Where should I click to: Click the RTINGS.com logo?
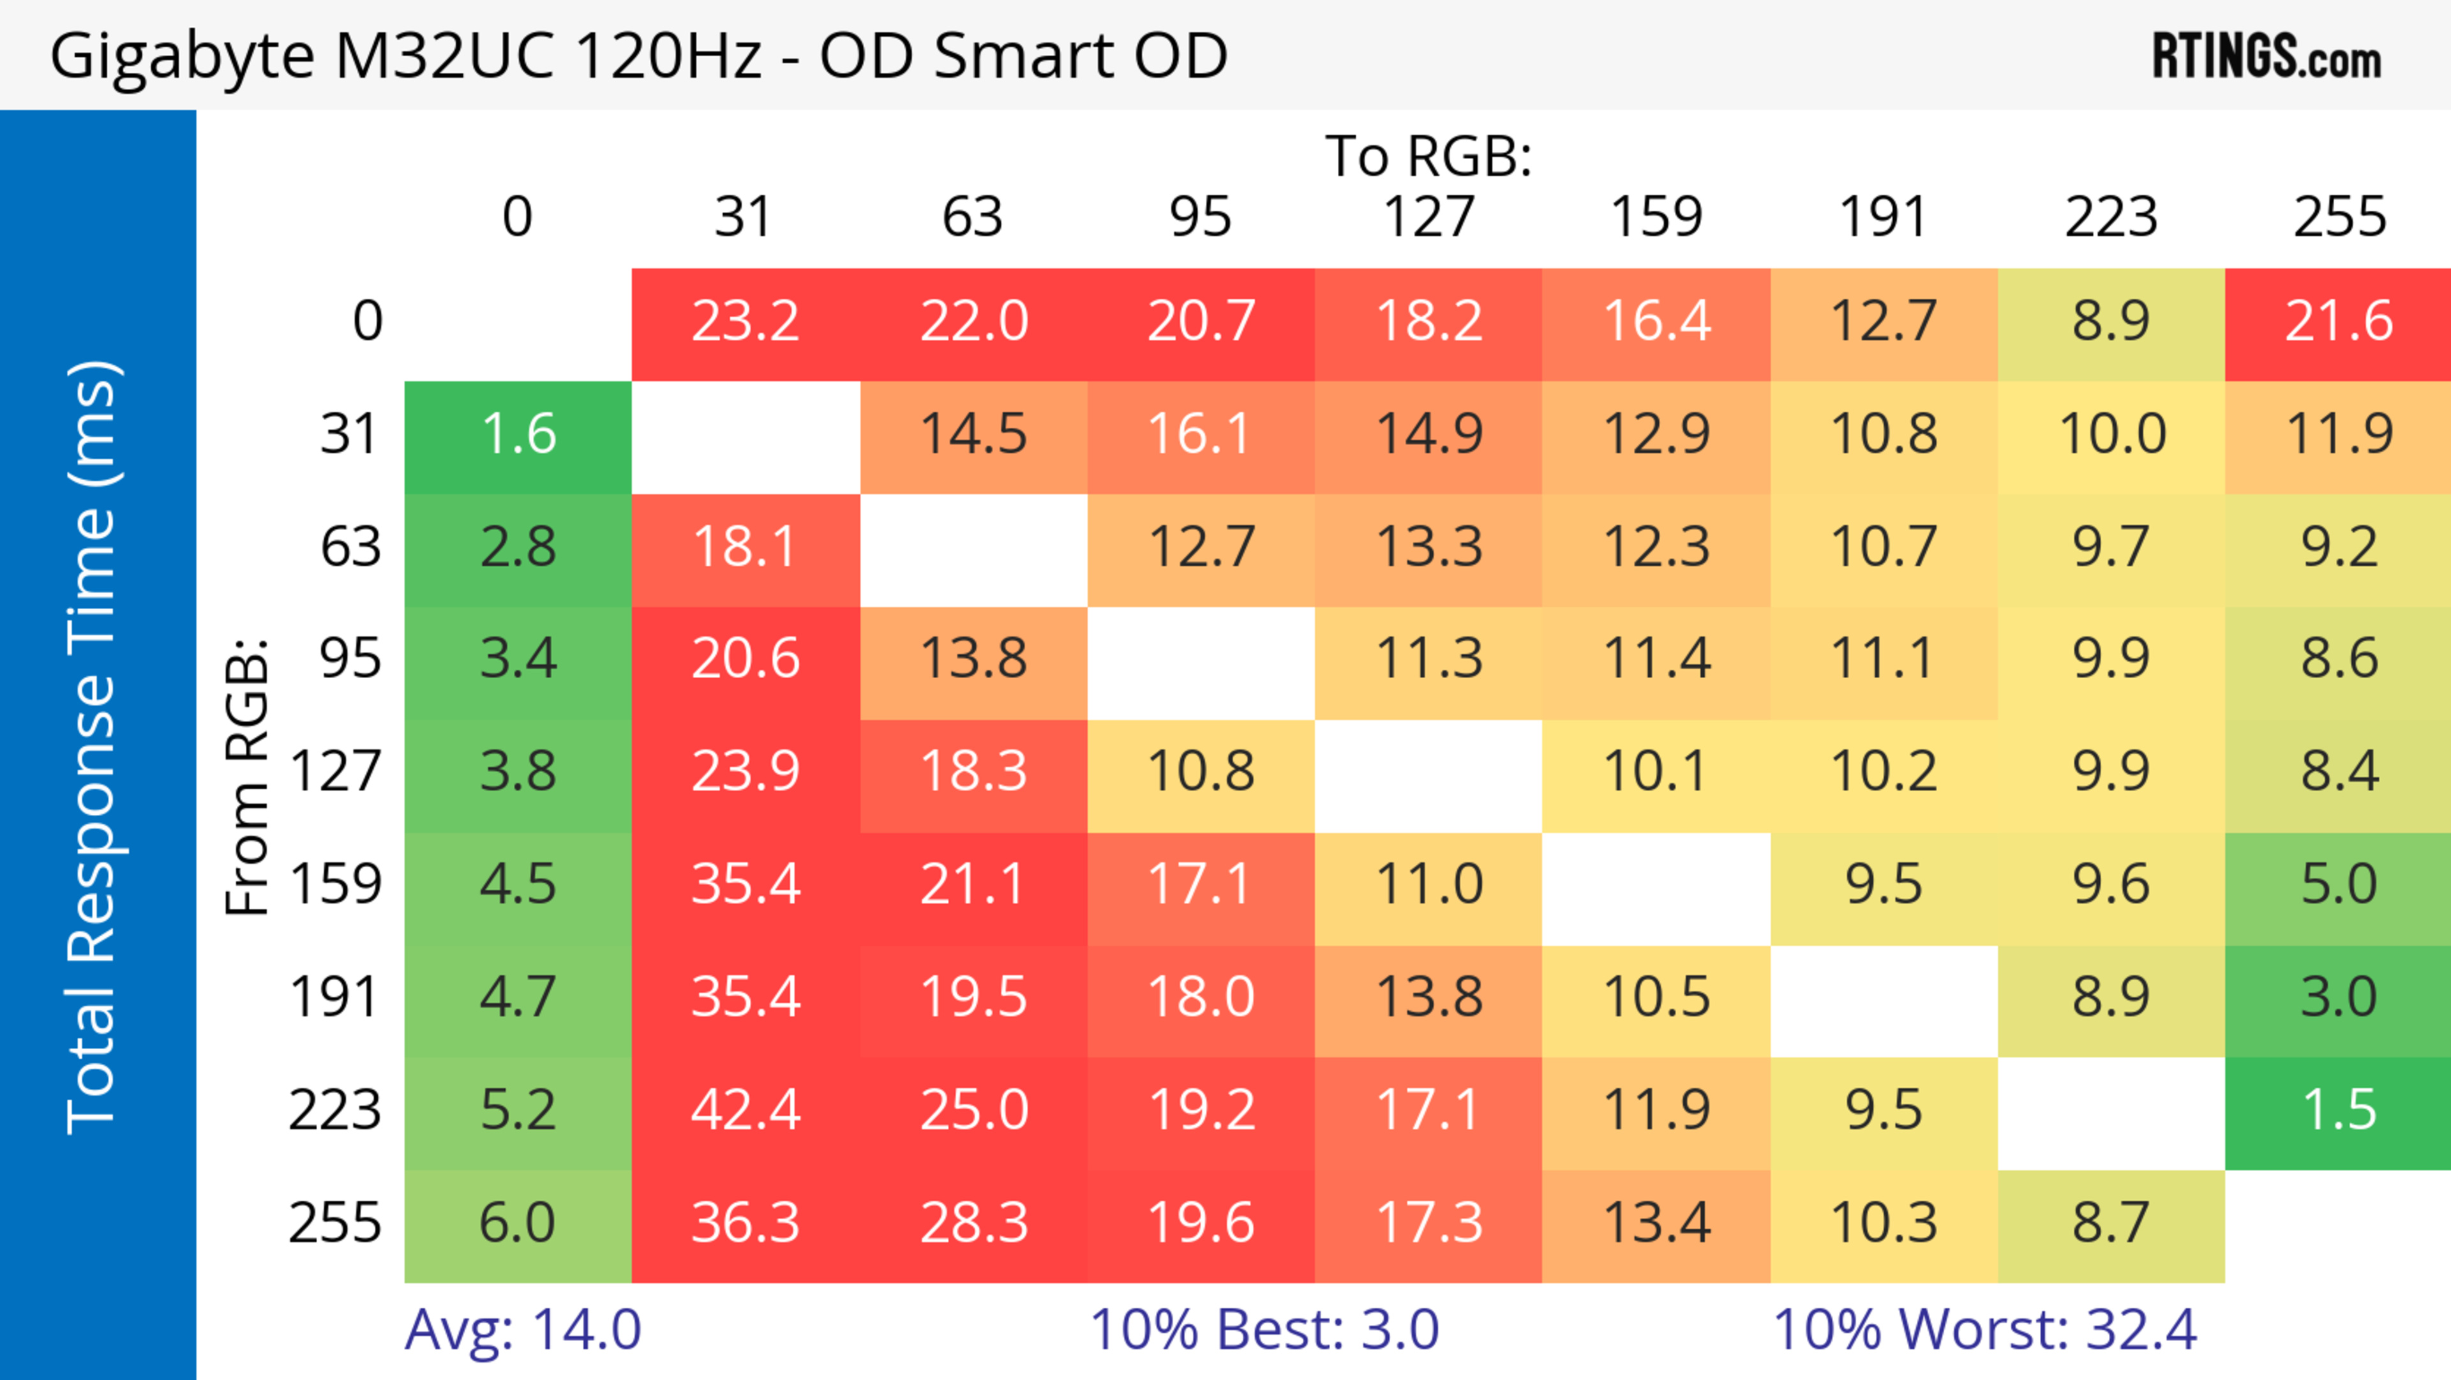point(2267,56)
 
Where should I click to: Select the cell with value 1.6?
point(518,435)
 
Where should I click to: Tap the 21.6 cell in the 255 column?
point(2339,322)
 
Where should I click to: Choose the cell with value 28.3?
point(973,1223)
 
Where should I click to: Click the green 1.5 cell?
point(2339,1111)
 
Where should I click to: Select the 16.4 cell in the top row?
point(1656,322)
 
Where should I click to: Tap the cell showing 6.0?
point(518,1223)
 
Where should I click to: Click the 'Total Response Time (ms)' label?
point(93,747)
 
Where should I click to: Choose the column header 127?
point(1428,217)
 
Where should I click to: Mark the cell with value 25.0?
point(973,1111)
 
